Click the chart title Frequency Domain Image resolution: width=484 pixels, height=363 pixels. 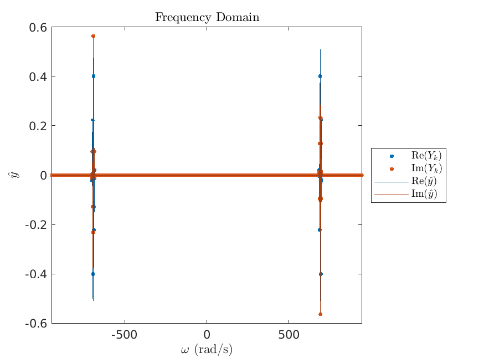click(x=207, y=17)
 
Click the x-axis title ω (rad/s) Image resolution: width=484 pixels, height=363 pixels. click(x=207, y=350)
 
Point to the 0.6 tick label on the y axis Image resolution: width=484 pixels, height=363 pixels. click(x=38, y=27)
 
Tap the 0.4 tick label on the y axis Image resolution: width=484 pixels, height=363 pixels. click(x=38, y=76)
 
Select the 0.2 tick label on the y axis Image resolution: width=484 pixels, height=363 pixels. click(x=38, y=126)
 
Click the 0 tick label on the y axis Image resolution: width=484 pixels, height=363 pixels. click(x=43, y=175)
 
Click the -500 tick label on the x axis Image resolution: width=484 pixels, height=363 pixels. click(x=125, y=335)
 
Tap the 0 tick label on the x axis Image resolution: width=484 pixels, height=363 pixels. click(x=207, y=335)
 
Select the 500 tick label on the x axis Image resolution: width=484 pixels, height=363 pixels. click(x=289, y=335)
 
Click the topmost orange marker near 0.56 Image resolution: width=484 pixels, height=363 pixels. click(x=93, y=36)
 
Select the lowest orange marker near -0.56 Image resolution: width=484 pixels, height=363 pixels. click(x=320, y=314)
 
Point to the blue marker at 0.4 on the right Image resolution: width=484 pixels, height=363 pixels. click(x=320, y=76)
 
